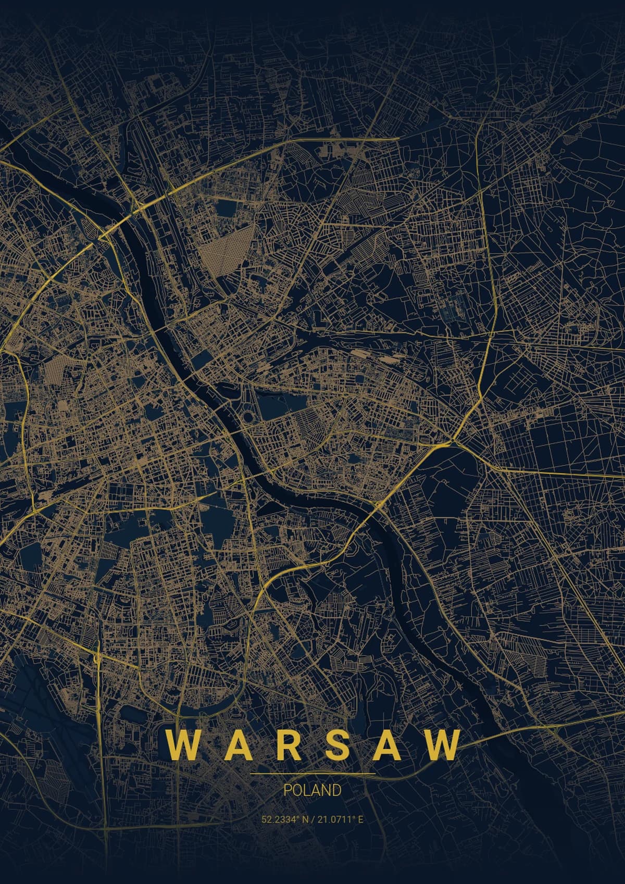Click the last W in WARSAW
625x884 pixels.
[442, 745]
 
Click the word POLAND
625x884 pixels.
[312, 790]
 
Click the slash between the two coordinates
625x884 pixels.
[312, 819]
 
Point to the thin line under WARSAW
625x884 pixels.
[312, 774]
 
